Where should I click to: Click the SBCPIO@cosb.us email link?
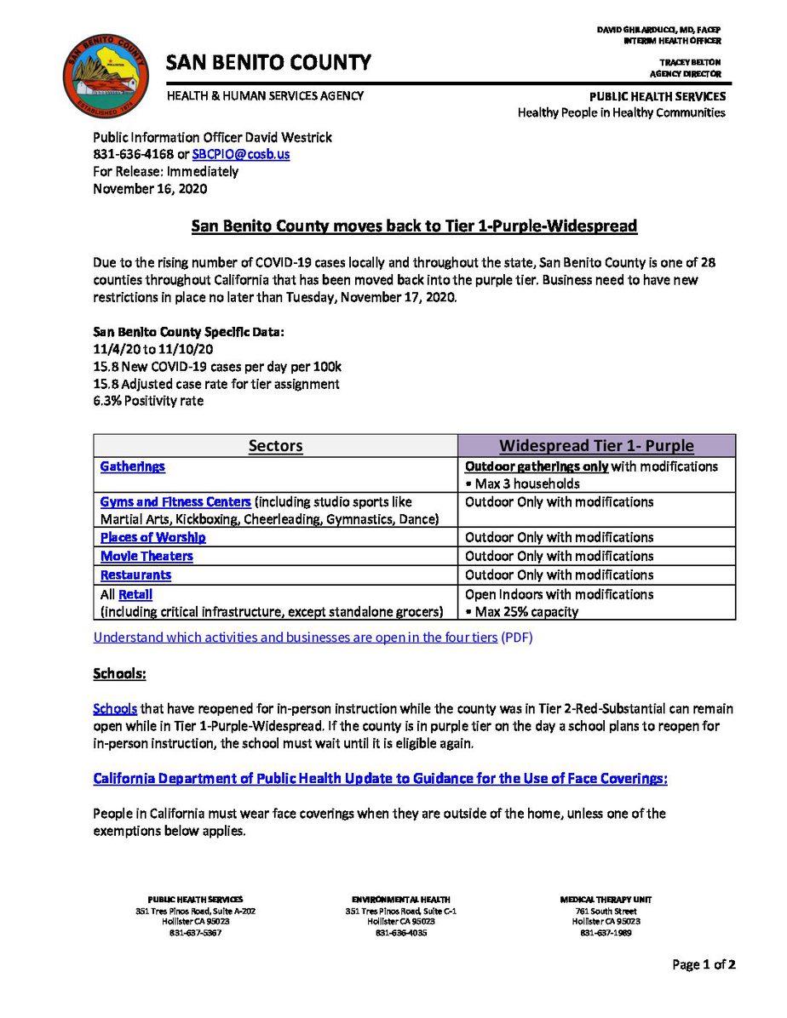click(240, 155)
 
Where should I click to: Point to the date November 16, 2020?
click(150, 189)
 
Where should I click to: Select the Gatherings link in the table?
click(132, 466)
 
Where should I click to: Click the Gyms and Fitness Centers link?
click(175, 502)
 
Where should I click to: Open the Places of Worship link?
click(152, 538)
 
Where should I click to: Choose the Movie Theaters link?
click(146, 557)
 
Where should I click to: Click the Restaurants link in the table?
click(135, 575)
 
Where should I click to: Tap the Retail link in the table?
click(135, 595)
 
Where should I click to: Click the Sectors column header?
click(275, 446)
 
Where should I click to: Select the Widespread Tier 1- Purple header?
click(596, 446)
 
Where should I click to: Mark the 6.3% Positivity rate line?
click(148, 401)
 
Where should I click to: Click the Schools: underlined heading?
click(119, 674)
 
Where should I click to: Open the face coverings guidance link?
click(380, 779)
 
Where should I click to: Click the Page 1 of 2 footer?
click(704, 964)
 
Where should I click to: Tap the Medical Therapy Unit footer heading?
click(606, 900)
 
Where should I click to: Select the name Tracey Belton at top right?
click(690, 62)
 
